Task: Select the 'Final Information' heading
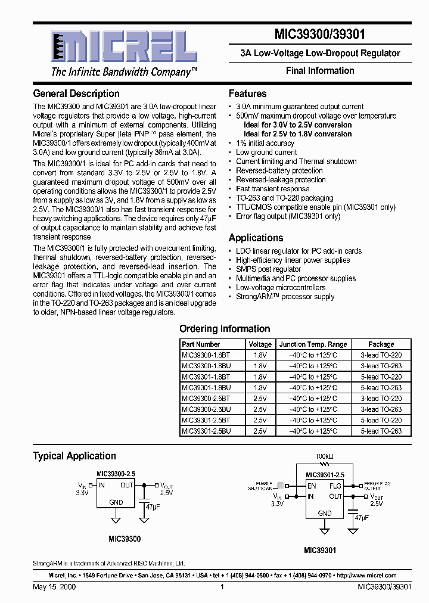(320, 70)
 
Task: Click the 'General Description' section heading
(76, 94)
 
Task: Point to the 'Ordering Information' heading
(225, 329)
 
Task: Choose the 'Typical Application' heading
(74, 456)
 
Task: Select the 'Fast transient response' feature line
(273, 189)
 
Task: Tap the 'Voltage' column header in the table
(260, 344)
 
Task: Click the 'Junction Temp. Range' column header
(313, 344)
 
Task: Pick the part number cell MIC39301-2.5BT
(206, 420)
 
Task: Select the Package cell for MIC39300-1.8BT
(381, 355)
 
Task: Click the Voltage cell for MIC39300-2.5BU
(260, 409)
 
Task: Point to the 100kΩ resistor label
(325, 456)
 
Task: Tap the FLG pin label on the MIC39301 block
(336, 486)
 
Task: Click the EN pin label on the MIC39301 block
(311, 486)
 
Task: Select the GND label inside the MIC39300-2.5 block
(116, 502)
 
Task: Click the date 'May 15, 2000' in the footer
(54, 587)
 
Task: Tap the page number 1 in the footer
(222, 587)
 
